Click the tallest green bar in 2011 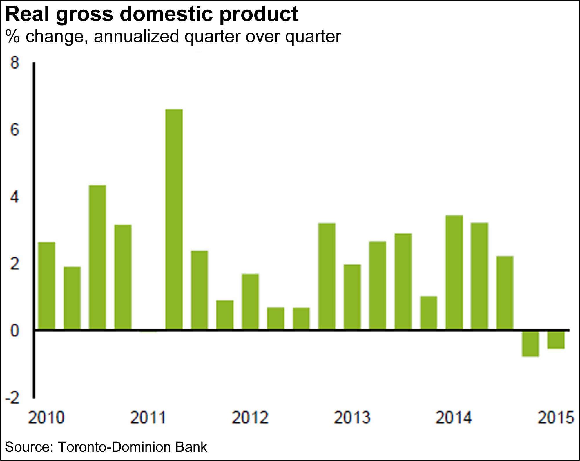click(174, 219)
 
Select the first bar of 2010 click(47, 286)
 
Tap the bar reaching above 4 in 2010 click(97, 257)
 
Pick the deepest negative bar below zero click(530, 343)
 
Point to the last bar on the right click(556, 339)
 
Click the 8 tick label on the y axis click(14, 62)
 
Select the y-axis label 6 click(14, 129)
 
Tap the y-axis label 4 click(14, 197)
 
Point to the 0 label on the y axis click(14, 331)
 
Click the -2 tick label click(12, 398)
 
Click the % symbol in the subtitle click(12, 37)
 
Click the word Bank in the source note click(191, 447)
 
